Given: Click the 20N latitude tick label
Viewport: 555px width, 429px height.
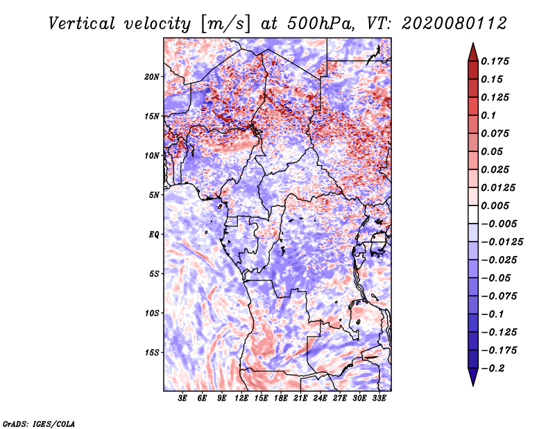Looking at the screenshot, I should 152,76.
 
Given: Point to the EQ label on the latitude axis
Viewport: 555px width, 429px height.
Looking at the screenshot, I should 153,235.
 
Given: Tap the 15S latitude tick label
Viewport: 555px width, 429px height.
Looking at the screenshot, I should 152,353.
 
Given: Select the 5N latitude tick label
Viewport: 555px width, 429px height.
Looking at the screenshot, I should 153,195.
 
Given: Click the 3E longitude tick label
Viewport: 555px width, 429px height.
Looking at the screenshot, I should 183,398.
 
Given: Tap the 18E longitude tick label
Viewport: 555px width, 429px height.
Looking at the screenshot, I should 281,398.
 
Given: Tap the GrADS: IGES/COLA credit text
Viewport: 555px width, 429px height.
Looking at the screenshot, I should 39,423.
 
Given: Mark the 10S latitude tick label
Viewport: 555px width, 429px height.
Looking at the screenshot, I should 152,313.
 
